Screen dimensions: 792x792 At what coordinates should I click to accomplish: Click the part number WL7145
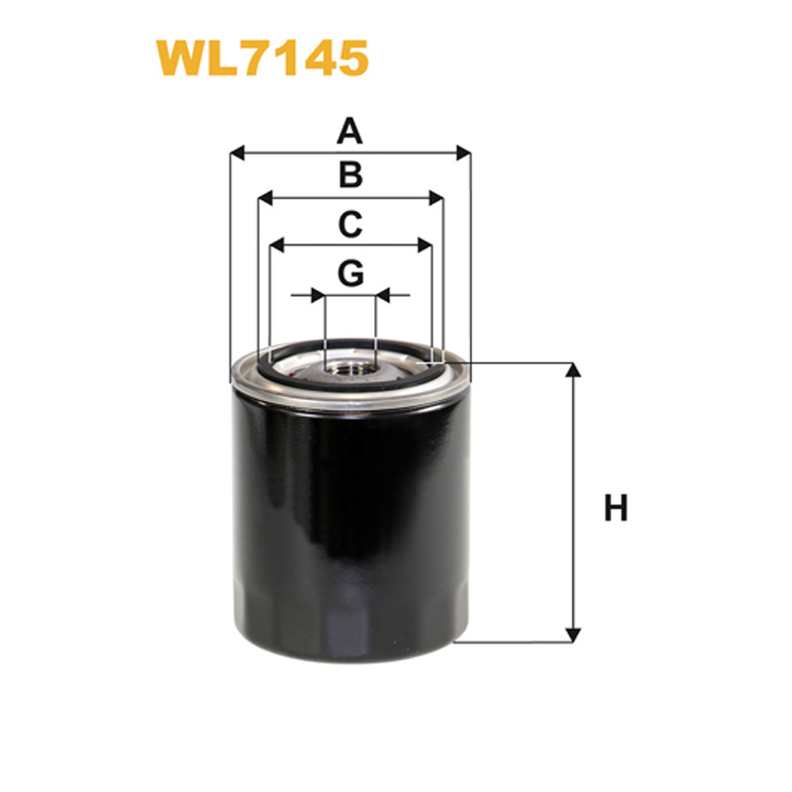tap(262, 58)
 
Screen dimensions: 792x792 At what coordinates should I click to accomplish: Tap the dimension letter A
tap(349, 131)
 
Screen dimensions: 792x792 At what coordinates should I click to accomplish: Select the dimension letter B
tap(350, 175)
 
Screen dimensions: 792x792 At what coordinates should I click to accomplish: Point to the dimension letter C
tap(350, 224)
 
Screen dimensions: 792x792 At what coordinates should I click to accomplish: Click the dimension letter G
tap(350, 273)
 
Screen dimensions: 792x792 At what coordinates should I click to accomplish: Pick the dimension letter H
tap(616, 508)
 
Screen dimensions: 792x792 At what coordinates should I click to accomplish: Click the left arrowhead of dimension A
tap(238, 152)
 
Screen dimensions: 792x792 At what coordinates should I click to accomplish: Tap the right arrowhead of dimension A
tap(463, 152)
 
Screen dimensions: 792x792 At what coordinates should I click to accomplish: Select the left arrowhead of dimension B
tap(265, 198)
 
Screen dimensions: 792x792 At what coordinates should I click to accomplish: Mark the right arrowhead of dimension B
tap(436, 198)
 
